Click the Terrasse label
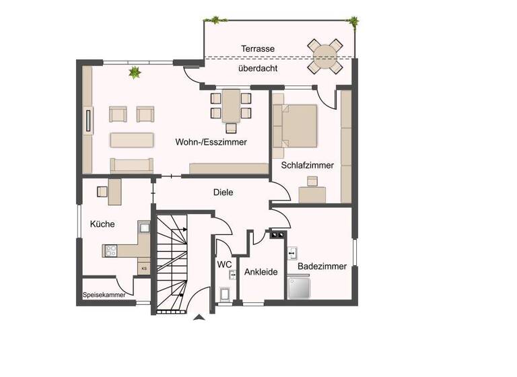pyautogui.click(x=258, y=48)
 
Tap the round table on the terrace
pyautogui.click(x=325, y=54)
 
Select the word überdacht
pyautogui.click(x=257, y=68)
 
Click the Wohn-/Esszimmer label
pyautogui.click(x=211, y=142)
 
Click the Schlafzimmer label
pyautogui.click(x=308, y=165)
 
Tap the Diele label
pyautogui.click(x=223, y=193)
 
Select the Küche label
pyautogui.click(x=102, y=224)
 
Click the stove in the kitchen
pyautogui.click(x=111, y=250)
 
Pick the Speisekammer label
pyautogui.click(x=104, y=295)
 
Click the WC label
pyautogui.click(x=224, y=264)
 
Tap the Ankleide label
pyautogui.click(x=261, y=272)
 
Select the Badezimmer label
pyautogui.click(x=322, y=266)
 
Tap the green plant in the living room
pyautogui.click(x=135, y=71)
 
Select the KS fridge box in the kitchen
pyautogui.click(x=144, y=267)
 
